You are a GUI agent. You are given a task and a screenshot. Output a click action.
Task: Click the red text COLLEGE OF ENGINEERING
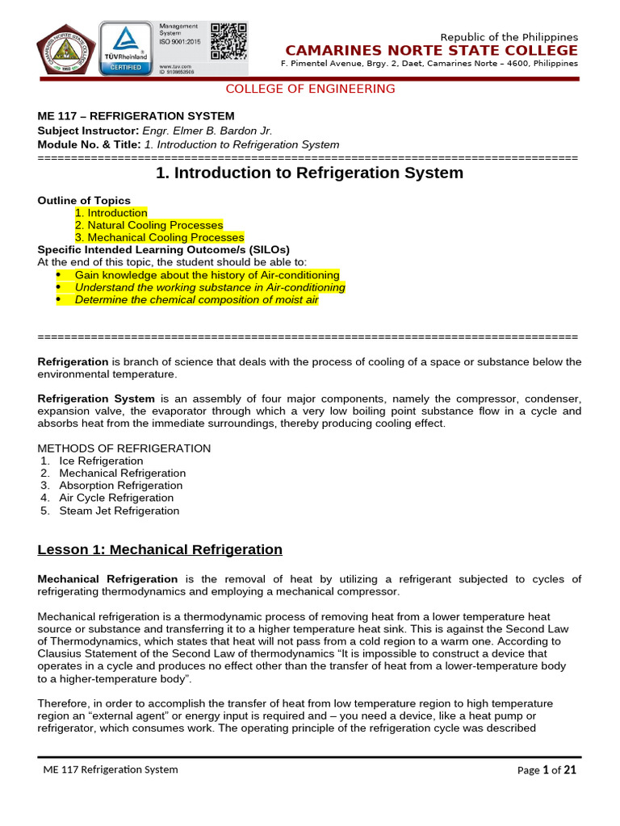(x=310, y=89)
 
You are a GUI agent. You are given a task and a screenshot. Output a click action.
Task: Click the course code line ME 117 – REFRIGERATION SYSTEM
(x=136, y=116)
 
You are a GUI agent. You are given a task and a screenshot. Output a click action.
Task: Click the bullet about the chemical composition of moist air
(x=196, y=300)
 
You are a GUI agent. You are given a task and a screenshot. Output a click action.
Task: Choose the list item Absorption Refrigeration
(x=120, y=486)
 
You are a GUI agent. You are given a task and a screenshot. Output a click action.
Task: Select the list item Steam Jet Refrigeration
(x=119, y=511)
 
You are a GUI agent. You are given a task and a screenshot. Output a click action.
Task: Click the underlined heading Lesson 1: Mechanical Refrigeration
(x=160, y=550)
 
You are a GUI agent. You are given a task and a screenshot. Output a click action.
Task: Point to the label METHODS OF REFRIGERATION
(x=124, y=448)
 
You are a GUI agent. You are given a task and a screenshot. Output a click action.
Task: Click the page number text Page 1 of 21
(x=547, y=770)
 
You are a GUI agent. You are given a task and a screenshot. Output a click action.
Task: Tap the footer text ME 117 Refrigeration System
(x=111, y=770)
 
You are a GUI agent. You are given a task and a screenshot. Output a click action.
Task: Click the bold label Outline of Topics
(x=84, y=201)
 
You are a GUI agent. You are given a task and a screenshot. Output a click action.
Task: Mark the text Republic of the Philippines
(x=509, y=37)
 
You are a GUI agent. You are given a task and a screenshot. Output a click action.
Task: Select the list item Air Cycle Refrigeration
(x=116, y=498)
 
